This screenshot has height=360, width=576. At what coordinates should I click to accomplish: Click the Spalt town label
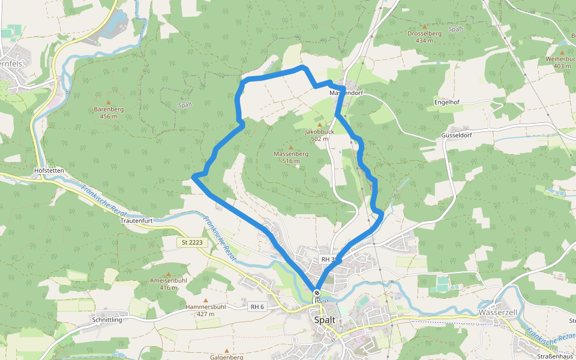click(x=325, y=320)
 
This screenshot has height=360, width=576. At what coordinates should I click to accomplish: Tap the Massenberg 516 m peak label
click(x=291, y=157)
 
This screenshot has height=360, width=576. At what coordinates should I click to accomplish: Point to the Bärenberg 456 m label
click(x=109, y=113)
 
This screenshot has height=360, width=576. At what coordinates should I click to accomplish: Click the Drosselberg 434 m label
click(x=424, y=37)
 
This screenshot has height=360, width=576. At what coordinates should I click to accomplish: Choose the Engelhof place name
click(x=446, y=103)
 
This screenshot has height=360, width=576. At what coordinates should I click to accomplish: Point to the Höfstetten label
click(x=49, y=170)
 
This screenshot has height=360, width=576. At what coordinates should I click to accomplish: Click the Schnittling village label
click(x=107, y=320)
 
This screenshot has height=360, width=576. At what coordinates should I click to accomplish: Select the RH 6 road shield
click(x=256, y=307)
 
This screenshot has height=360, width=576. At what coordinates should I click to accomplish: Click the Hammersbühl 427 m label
click(x=205, y=310)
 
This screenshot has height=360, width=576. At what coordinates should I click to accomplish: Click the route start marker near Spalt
click(x=317, y=293)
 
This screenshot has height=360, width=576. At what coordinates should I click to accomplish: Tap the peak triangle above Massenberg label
click(x=291, y=148)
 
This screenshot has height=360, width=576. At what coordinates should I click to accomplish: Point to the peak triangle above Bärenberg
click(x=109, y=102)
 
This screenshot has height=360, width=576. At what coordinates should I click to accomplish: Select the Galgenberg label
click(x=227, y=357)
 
